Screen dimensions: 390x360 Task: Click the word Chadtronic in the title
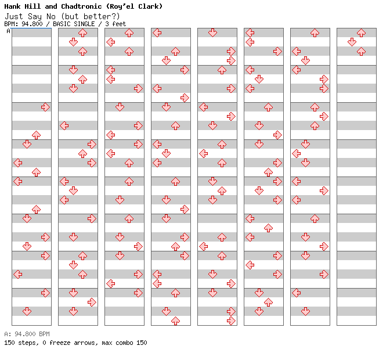(x=81, y=6)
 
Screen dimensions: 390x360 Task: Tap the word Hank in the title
(x=12, y=6)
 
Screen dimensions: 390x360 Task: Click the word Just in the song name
(x=14, y=16)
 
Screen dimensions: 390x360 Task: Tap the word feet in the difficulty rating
(x=119, y=24)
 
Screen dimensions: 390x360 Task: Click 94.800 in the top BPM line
(x=32, y=24)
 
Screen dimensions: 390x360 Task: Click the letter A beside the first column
(x=9, y=31)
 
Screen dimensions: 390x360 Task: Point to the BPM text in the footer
(x=44, y=334)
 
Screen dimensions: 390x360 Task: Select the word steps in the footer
(x=28, y=343)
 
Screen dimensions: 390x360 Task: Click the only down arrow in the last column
(x=352, y=42)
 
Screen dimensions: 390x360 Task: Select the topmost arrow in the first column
(x=45, y=107)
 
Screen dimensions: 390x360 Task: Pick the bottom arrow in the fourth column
(x=176, y=321)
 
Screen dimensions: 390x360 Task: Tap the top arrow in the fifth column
(x=212, y=33)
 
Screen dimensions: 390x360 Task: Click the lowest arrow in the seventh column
(x=305, y=311)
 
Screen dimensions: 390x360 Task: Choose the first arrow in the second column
(x=82, y=33)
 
